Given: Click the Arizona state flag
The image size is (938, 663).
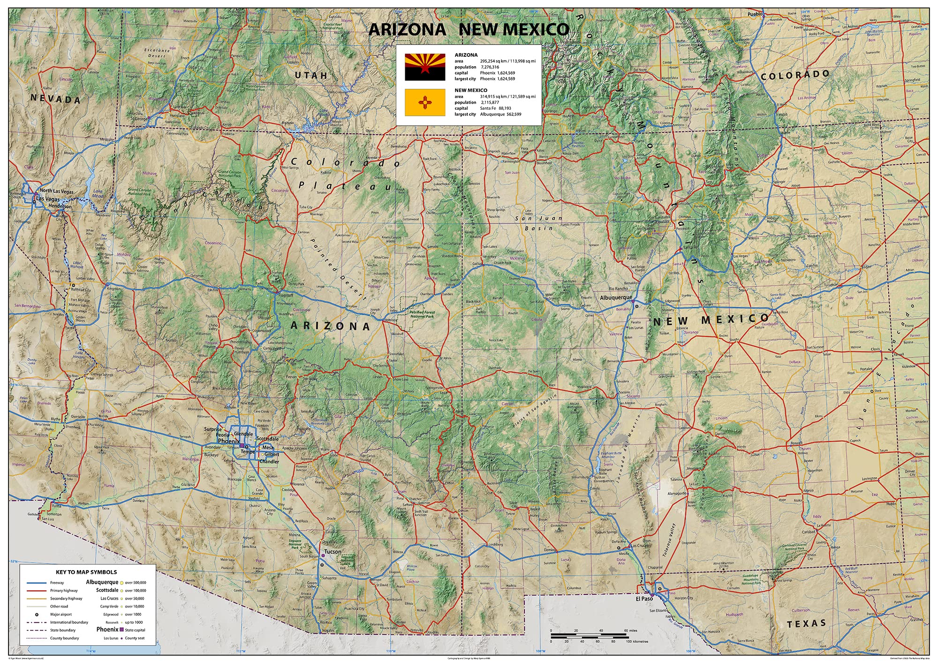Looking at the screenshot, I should tap(425, 67).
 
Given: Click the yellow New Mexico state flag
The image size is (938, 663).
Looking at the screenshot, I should tap(425, 102).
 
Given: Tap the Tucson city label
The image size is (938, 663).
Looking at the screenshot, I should tap(333, 552).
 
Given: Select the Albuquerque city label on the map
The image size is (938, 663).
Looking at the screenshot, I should tap(616, 297).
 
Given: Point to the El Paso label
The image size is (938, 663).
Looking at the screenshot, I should tap(644, 599).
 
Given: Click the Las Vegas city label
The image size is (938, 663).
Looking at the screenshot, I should tap(48, 199).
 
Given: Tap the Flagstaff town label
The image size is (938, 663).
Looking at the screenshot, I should tap(286, 296).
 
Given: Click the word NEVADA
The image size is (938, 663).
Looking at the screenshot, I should tap(55, 99).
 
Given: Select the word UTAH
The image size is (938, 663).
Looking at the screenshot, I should tap(311, 75).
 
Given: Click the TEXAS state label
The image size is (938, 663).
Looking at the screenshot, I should tap(806, 624).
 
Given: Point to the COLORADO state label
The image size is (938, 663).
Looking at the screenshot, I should tap(795, 75).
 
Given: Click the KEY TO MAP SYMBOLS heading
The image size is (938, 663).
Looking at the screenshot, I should tap(86, 572).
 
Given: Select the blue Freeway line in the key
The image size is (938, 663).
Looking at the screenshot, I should tap(37, 583).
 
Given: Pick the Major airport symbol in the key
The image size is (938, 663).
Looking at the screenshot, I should tap(37, 614).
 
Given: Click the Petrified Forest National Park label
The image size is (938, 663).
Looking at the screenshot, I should tap(422, 314).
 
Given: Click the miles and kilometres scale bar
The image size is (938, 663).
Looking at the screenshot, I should tap(589, 636).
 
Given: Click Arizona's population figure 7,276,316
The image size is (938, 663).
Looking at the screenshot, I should tap(490, 67).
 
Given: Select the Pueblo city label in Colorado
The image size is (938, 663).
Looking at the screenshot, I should tap(755, 14).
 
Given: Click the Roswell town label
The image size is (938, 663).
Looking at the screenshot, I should tap(796, 442).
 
